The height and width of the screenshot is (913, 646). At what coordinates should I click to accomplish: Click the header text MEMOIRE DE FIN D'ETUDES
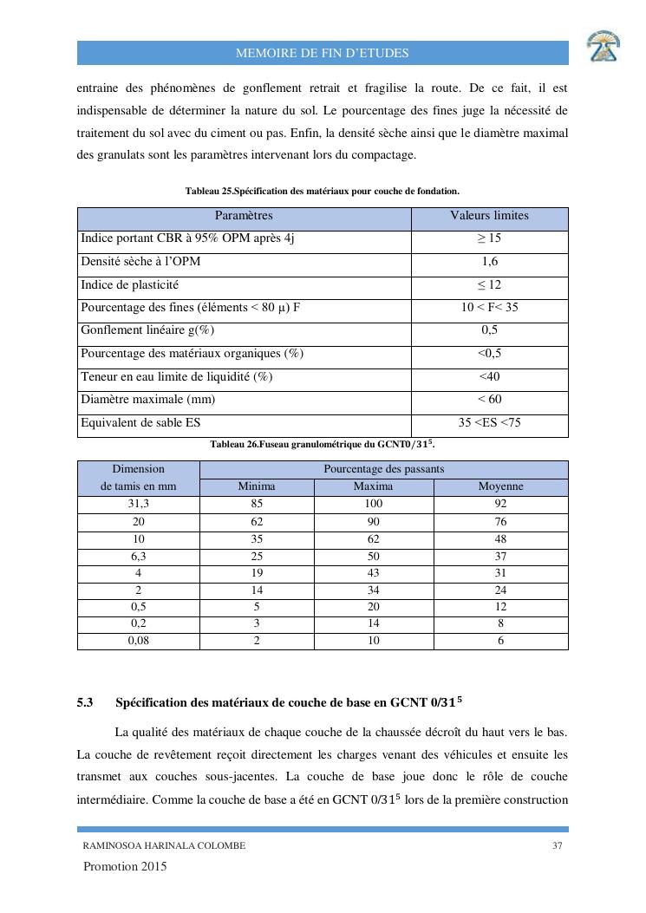point(323,54)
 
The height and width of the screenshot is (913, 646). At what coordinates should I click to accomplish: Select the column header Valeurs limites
point(489,216)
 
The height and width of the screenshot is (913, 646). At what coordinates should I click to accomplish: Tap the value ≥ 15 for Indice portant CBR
point(489,238)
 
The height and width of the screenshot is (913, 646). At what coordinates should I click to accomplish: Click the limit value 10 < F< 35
point(489,308)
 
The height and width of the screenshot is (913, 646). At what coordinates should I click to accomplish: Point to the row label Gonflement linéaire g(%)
point(147,330)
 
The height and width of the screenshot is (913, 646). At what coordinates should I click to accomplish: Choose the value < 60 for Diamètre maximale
point(489,400)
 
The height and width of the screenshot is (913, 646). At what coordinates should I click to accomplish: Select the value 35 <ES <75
point(489,423)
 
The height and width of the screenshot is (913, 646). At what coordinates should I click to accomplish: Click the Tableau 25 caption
point(323,191)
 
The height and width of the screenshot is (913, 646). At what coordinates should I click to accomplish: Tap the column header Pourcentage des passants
point(383,469)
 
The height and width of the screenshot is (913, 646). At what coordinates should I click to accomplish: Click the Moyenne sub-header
point(500,486)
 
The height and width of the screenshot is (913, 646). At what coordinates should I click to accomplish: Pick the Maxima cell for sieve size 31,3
point(374,504)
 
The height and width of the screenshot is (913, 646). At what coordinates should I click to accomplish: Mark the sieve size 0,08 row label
point(138,641)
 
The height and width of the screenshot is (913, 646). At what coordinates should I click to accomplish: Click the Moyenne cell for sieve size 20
point(500,521)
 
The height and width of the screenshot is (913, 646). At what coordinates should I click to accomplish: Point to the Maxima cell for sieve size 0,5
point(374,607)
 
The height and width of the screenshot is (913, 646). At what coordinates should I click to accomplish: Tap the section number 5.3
point(85,702)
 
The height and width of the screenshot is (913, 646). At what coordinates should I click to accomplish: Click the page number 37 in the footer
point(558,846)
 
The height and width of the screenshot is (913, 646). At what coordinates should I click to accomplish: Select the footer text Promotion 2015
point(125,867)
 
